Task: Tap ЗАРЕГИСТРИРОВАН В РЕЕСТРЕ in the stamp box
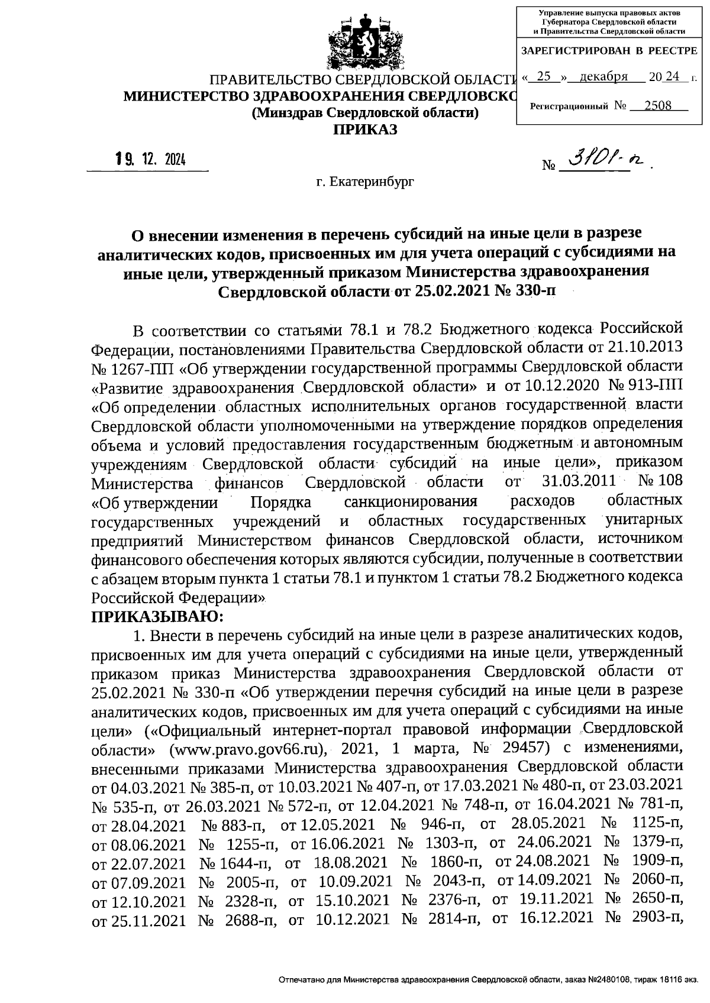[609, 51]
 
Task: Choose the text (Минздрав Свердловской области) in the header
[364, 112]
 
